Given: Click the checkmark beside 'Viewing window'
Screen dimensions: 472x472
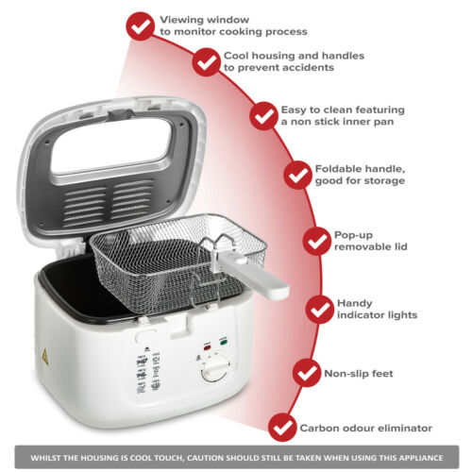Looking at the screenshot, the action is (x=141, y=26).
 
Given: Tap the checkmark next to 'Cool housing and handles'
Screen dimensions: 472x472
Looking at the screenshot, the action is (x=207, y=62).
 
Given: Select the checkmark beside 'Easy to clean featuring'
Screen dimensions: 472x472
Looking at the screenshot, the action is (x=264, y=116).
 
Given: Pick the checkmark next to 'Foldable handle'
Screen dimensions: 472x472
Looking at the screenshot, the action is (x=298, y=175).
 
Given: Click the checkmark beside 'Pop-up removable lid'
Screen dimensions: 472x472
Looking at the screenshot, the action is (x=317, y=241).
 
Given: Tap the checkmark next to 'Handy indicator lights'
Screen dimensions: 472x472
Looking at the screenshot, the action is (x=320, y=310).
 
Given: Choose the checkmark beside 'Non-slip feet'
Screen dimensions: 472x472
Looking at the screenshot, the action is (x=307, y=373).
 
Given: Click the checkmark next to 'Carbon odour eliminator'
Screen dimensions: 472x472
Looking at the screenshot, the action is (x=282, y=428).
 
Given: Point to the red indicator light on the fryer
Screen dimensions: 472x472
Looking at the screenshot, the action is (x=208, y=347).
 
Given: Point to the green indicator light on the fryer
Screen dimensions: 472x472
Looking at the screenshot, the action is (x=224, y=342).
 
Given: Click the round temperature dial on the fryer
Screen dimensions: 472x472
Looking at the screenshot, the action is (x=214, y=371).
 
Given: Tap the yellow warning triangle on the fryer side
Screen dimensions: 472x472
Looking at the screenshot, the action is (x=45, y=357).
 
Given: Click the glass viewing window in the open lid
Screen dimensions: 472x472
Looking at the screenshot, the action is (x=111, y=145).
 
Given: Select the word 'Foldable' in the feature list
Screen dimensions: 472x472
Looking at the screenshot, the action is (x=336, y=169).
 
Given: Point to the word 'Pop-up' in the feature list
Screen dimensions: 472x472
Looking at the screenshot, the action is (x=353, y=235).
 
